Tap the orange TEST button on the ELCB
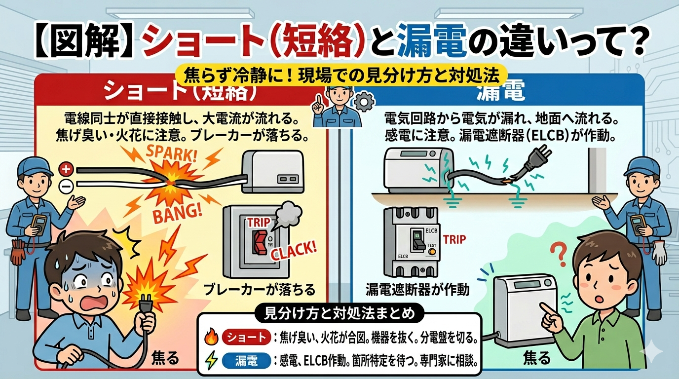click(432, 251)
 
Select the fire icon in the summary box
click(211, 338)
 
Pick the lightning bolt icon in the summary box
click(211, 362)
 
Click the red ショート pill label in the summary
click(246, 338)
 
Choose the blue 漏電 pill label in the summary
click(246, 362)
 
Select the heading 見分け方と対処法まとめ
click(338, 313)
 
